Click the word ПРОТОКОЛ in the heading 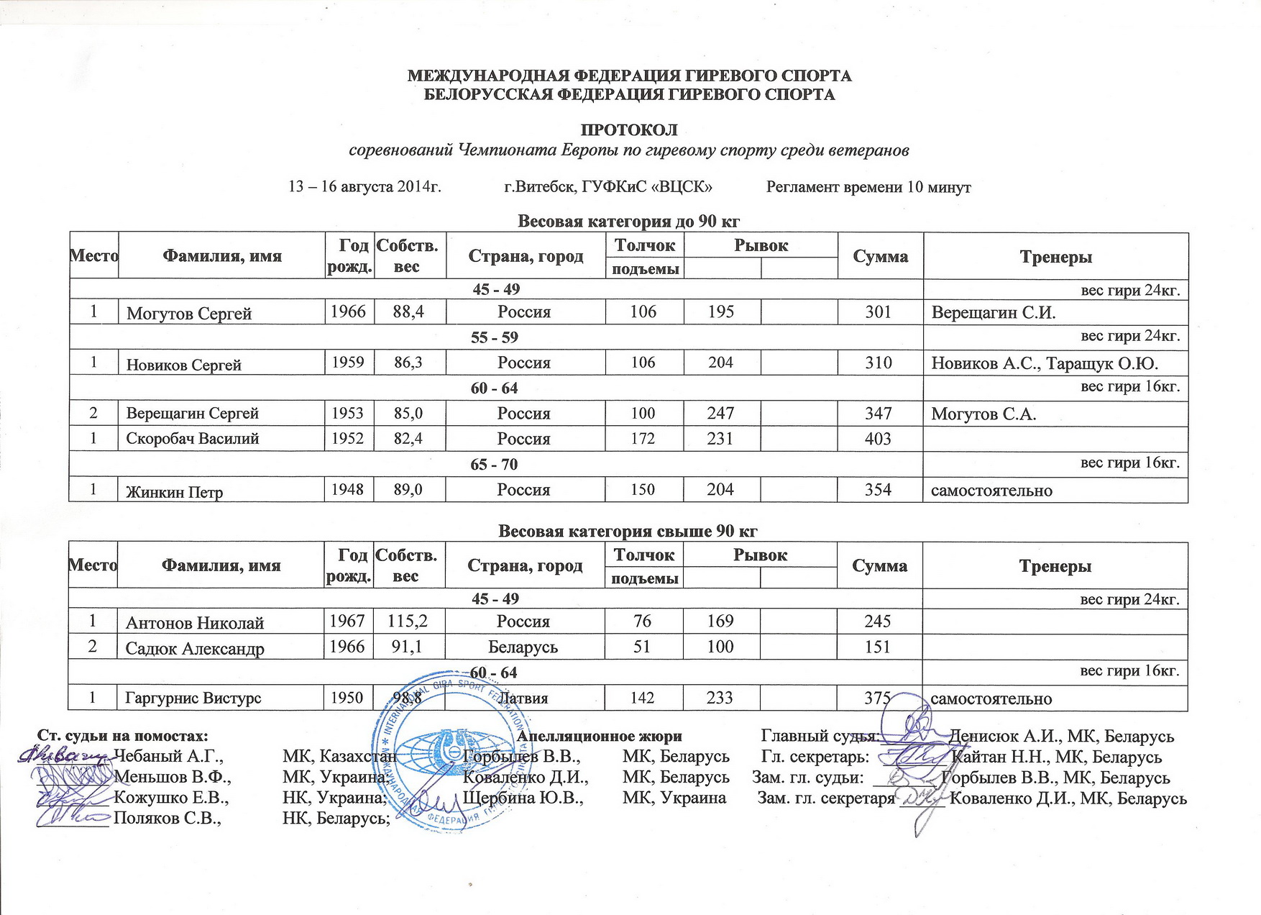[x=629, y=131]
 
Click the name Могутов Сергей [x=189, y=314]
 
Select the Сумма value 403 [x=879, y=439]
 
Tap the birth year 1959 [x=348, y=362]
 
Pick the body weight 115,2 [x=405, y=621]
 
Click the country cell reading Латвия [x=523, y=698]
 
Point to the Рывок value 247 [x=720, y=413]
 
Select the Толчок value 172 [x=643, y=438]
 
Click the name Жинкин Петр [x=175, y=492]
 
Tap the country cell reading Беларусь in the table [x=523, y=647]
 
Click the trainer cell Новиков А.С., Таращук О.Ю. [x=1045, y=363]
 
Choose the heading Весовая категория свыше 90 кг [x=628, y=531]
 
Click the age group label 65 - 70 [x=495, y=464]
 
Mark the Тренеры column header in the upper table [x=1055, y=257]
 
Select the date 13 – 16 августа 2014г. [x=364, y=187]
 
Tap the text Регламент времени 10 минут [x=868, y=187]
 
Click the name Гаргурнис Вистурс [x=193, y=698]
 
